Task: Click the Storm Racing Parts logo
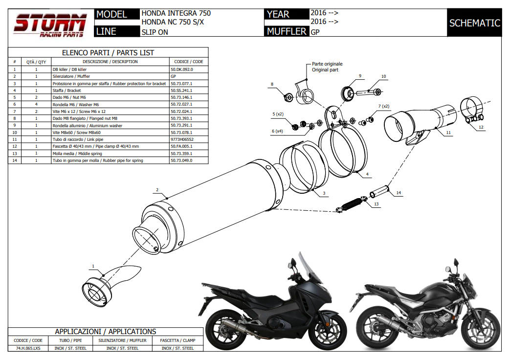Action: (50, 24)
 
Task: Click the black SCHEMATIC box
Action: (474, 23)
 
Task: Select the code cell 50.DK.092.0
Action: (182, 69)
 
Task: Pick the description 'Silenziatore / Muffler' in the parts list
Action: (71, 76)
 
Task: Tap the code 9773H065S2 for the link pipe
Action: (181, 139)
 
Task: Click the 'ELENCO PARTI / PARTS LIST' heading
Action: (108, 53)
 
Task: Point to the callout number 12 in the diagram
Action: (481, 128)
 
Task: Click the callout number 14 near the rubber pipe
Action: (398, 193)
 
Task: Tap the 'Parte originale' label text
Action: (327, 64)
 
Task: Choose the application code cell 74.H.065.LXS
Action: (28, 348)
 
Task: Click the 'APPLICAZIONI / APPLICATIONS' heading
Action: (106, 332)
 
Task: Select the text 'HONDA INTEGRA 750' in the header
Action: (176, 13)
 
